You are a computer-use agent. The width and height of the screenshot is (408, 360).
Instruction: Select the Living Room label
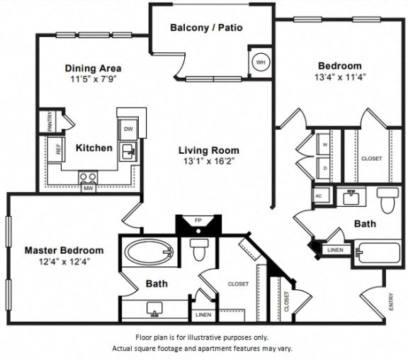point(208,150)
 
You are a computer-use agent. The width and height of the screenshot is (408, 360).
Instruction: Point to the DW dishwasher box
point(128,130)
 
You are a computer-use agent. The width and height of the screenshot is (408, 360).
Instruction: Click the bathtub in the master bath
point(149,251)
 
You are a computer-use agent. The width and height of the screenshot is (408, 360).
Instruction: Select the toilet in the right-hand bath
point(388,201)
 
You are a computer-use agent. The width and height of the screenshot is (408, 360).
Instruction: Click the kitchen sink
point(128,151)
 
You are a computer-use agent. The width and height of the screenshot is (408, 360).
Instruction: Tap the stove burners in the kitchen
point(89,177)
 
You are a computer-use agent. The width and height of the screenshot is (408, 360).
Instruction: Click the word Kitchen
point(93,148)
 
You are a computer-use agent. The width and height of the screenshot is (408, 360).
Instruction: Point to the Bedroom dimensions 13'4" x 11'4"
point(340,78)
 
